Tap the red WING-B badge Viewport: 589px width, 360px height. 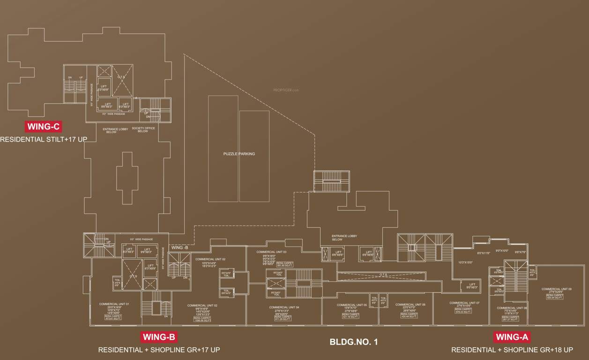tap(159, 337)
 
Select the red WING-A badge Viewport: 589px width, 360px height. tap(512, 337)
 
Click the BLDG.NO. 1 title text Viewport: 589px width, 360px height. tap(353, 342)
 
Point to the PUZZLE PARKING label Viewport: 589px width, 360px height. tap(239, 154)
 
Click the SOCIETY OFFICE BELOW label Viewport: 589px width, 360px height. tap(143, 130)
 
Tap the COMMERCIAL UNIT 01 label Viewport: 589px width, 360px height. tap(114, 304)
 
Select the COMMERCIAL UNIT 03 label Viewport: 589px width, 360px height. tap(271, 252)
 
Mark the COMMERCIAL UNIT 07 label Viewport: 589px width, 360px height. tap(464, 303)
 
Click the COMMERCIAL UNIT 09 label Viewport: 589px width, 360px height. tap(556, 289)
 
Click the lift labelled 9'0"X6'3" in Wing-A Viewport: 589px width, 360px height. tap(472, 286)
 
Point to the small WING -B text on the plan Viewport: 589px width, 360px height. tap(179, 247)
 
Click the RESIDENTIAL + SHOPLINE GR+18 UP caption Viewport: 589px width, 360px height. tap(512, 350)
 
